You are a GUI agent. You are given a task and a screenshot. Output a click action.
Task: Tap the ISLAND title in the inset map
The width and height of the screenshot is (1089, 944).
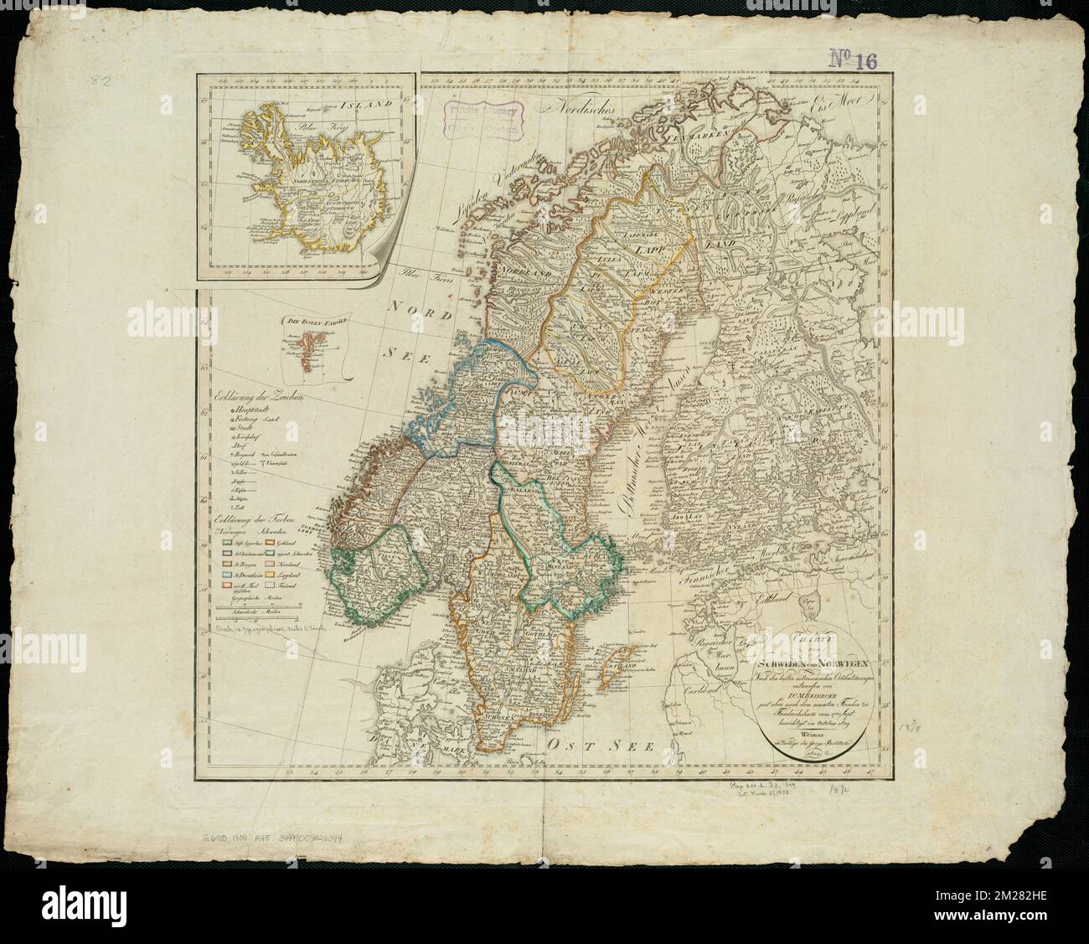(x=374, y=106)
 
